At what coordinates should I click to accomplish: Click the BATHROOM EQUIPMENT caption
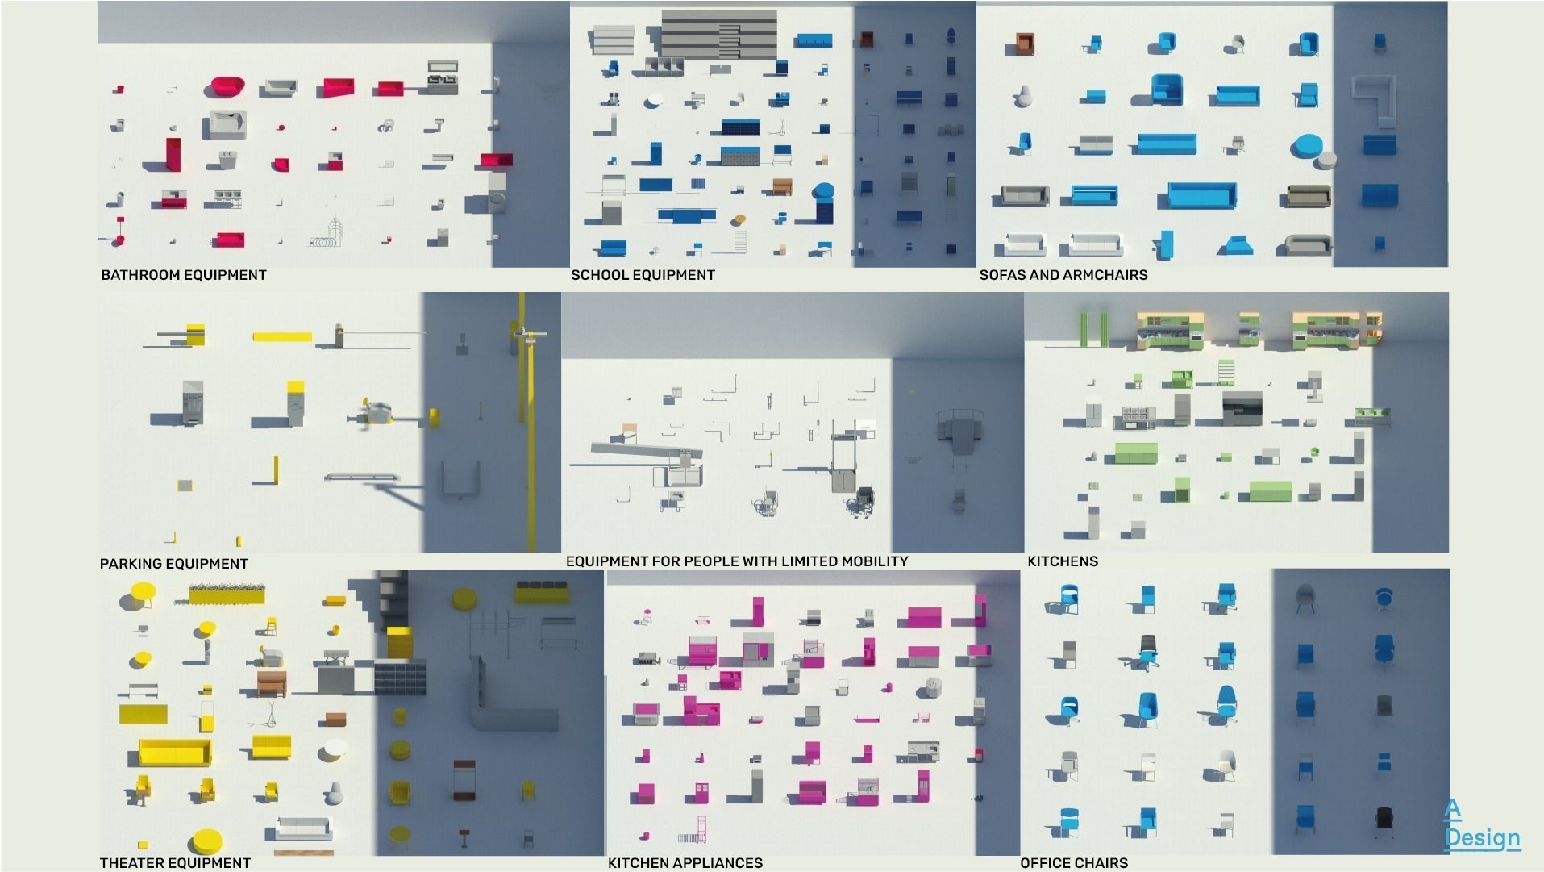[x=183, y=275]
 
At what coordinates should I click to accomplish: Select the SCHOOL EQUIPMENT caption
[x=643, y=275]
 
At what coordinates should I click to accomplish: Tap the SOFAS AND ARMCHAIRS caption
[x=1063, y=275]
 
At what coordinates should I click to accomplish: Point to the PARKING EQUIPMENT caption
[x=173, y=564]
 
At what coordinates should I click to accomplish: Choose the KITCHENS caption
[x=1062, y=561]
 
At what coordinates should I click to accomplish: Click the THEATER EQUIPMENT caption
[x=175, y=863]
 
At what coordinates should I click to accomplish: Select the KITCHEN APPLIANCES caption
[x=685, y=863]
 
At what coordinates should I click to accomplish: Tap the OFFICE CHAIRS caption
[x=1073, y=863]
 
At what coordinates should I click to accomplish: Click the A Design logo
[x=1481, y=824]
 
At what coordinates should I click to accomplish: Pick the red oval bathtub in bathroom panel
[x=228, y=87]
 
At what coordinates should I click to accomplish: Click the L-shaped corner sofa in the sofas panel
[x=1375, y=99]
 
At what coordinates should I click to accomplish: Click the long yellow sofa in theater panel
[x=175, y=753]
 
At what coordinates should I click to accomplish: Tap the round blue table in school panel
[x=823, y=192]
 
